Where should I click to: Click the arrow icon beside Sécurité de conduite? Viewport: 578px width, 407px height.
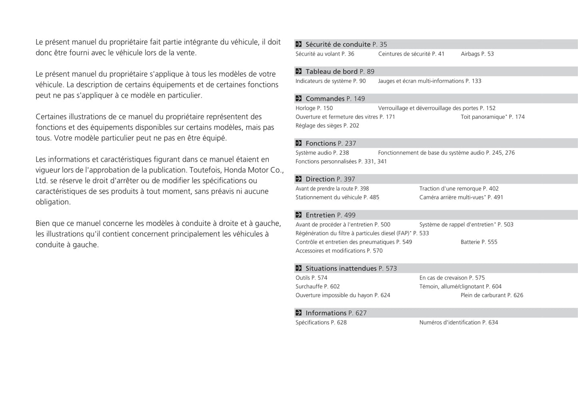(x=298, y=44)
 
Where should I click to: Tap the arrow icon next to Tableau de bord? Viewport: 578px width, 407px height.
(x=298, y=71)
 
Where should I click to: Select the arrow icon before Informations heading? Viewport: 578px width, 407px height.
(x=298, y=313)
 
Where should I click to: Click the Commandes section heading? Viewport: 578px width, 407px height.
(x=325, y=99)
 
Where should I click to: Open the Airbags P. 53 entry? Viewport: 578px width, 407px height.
(x=477, y=54)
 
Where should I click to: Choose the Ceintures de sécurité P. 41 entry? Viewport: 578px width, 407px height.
(x=411, y=54)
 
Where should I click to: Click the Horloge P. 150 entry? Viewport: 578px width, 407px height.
(x=314, y=108)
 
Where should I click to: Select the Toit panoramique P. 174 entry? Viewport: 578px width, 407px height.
(x=492, y=117)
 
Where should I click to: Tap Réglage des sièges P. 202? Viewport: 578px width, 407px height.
(x=327, y=126)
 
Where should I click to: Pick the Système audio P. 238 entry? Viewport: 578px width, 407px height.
(x=322, y=153)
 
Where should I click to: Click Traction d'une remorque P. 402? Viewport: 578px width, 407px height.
(x=459, y=189)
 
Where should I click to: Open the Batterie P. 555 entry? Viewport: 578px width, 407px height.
(x=479, y=242)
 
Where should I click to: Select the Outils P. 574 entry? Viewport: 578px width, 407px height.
(x=311, y=278)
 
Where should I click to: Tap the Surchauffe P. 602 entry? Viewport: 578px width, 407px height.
(x=318, y=287)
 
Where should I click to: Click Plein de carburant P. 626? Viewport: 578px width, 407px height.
(x=492, y=296)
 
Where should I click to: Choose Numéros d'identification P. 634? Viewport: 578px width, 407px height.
(x=458, y=323)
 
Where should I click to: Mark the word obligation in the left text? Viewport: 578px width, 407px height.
(x=53, y=202)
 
